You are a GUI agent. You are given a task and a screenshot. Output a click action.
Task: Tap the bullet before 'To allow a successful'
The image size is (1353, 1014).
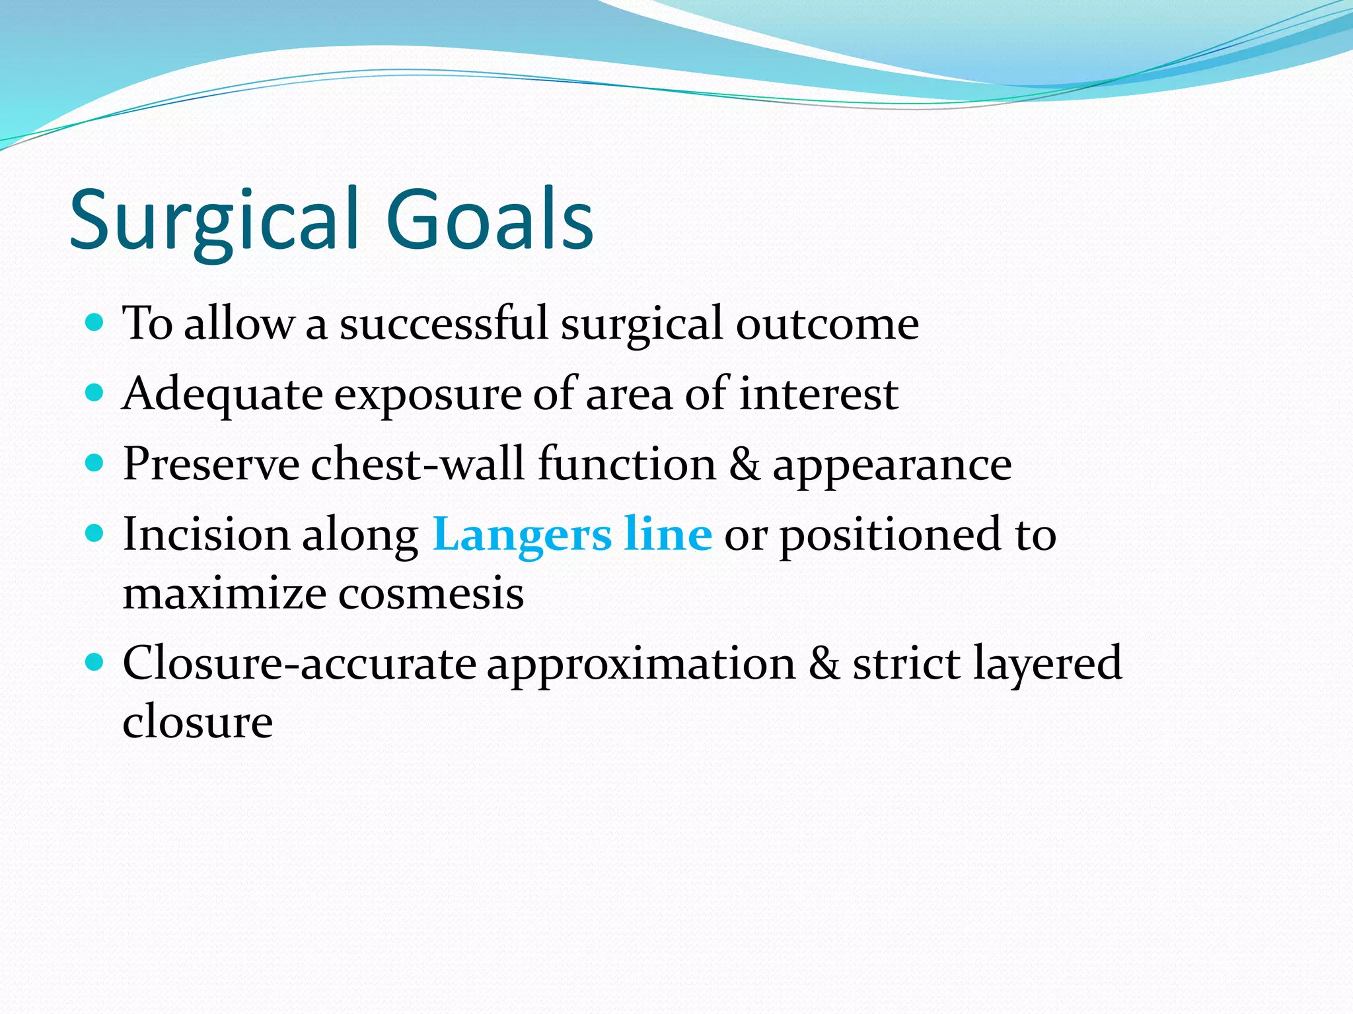point(95,323)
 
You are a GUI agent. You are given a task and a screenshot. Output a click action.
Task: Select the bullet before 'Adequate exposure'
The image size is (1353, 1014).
point(95,393)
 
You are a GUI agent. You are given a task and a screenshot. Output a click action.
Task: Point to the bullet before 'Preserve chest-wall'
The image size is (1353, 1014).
point(95,463)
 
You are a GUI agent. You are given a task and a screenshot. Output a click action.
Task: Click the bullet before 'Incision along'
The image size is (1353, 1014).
point(95,533)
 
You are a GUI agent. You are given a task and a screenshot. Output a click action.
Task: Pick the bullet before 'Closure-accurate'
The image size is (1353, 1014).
point(95,662)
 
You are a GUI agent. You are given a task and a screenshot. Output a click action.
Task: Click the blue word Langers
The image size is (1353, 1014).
point(521,535)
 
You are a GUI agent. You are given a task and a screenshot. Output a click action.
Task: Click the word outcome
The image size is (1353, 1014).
point(827,325)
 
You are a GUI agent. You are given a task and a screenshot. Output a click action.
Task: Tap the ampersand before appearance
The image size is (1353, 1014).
point(745,464)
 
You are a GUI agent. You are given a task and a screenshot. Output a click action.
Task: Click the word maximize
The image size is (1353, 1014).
point(225,593)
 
